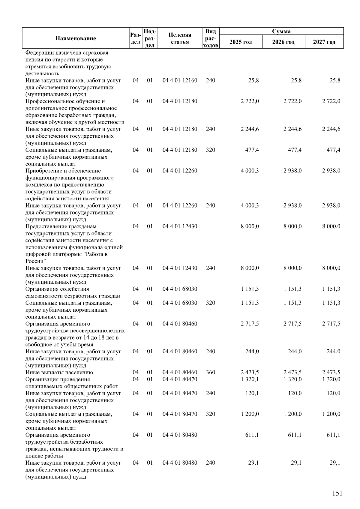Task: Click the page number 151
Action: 337,493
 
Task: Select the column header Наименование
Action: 76,38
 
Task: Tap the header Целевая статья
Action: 180,38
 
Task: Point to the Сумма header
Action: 281,31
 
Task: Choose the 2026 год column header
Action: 283,42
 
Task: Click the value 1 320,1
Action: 250,379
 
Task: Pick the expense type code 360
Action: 211,372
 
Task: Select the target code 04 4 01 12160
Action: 180,80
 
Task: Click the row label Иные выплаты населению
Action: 59,372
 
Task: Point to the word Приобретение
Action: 43,171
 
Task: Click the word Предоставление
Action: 46,226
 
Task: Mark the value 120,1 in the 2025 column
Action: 252,393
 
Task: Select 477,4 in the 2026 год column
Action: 295,150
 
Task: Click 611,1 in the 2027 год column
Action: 333,435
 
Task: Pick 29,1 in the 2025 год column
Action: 253,463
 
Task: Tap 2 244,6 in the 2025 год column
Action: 250,129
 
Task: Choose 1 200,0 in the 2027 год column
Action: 331,414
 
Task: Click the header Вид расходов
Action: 211,38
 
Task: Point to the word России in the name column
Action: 34,261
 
